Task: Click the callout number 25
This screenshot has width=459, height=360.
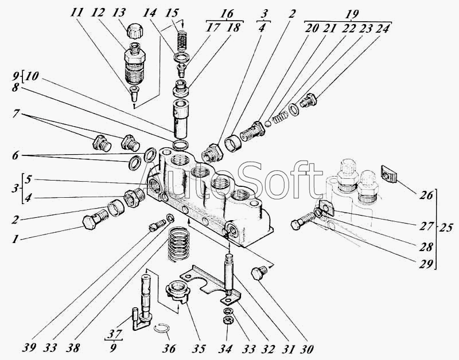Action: point(444,227)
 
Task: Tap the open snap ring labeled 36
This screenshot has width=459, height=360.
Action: point(162,328)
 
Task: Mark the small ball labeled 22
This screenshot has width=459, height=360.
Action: point(268,123)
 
